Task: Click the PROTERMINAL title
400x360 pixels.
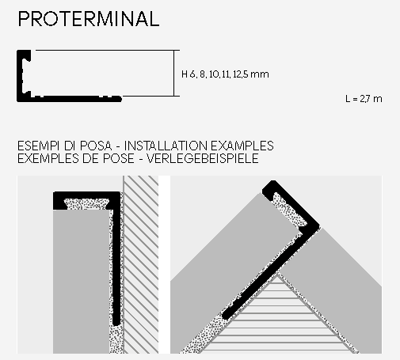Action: (89, 19)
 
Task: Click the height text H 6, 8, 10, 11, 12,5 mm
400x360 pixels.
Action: (225, 74)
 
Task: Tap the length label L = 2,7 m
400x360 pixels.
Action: (364, 99)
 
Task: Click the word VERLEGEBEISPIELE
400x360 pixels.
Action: (203, 158)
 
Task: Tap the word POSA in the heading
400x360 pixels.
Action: (96, 146)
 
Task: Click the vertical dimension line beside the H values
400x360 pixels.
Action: (173, 73)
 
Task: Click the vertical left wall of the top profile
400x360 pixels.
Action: (20, 76)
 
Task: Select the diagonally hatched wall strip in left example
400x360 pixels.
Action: (141, 264)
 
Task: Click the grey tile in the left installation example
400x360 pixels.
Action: (81, 282)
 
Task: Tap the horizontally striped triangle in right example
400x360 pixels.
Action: (276, 316)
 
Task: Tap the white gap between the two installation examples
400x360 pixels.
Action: (164, 264)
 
